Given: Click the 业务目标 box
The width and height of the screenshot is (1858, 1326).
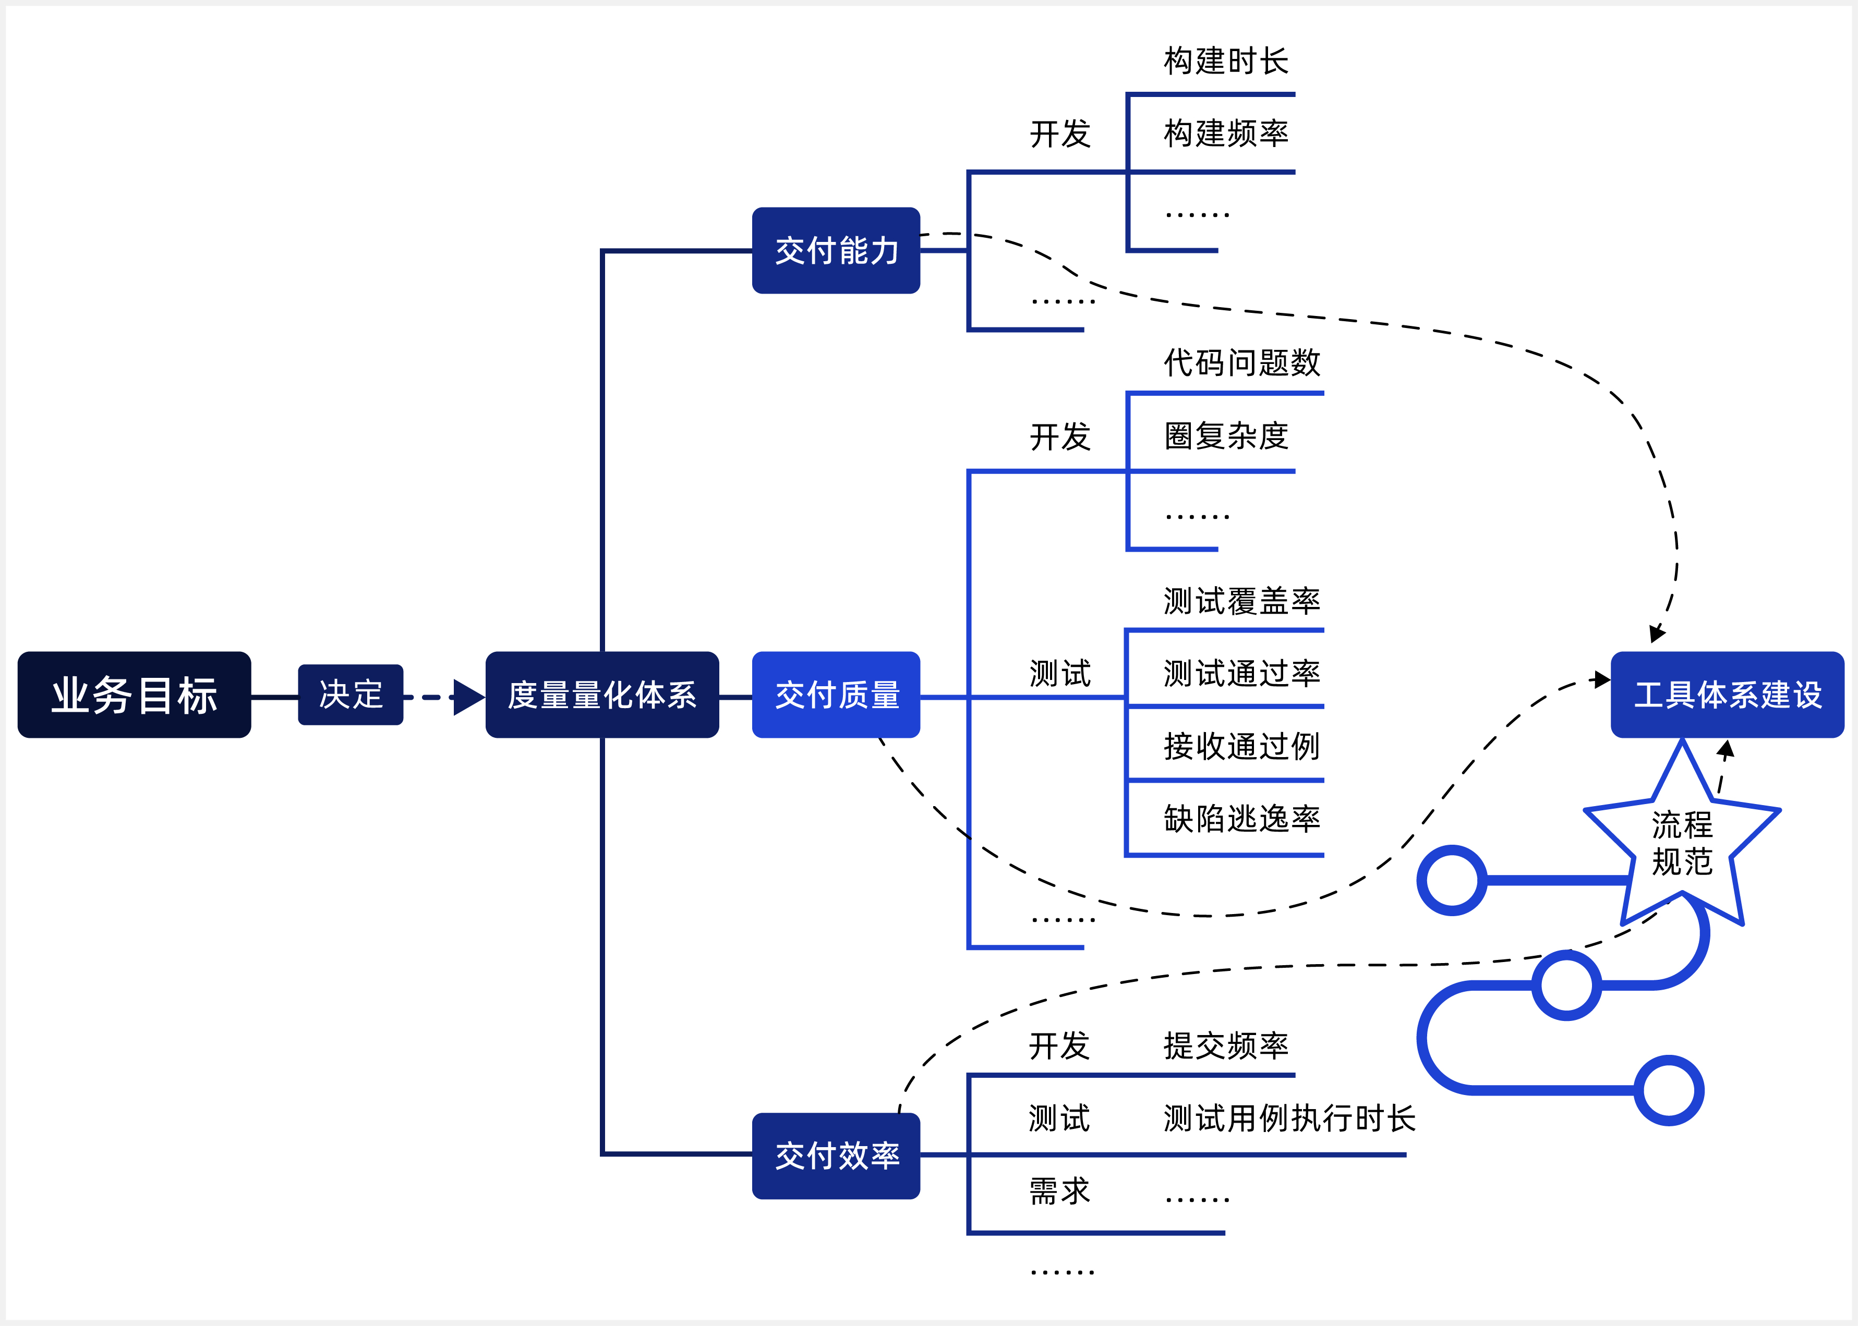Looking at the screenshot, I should pos(134,695).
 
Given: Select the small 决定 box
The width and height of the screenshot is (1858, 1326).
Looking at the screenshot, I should pos(351,695).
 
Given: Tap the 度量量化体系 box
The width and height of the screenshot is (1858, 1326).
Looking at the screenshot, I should pos(602,695).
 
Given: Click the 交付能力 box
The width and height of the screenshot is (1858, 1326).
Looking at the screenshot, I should pos(836,250).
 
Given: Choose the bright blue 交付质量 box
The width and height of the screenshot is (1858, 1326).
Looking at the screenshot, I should pos(836,695).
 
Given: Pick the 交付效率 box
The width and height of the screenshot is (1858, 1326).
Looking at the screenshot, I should pos(836,1155).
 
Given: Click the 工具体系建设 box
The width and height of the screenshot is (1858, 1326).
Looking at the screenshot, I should pos(1727,695).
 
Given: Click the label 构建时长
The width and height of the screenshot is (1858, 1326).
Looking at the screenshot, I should pos(1226,61).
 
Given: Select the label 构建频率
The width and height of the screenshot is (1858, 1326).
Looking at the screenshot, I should pos(1226,133).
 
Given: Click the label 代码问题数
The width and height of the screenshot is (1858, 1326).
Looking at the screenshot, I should pos(1241,362).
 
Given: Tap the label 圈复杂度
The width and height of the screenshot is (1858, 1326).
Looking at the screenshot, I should pos(1226,436).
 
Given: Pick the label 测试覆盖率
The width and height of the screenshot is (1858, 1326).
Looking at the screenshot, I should pos(1241,601).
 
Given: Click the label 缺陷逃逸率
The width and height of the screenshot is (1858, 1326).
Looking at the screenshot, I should pos(1241,818).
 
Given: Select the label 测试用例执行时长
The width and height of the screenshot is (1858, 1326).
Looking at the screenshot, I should pos(1289,1118).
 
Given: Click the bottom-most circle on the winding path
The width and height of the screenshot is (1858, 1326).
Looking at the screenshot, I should pos(1669,1090).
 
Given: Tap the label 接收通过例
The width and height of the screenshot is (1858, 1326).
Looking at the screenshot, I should pos(1241,746).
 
